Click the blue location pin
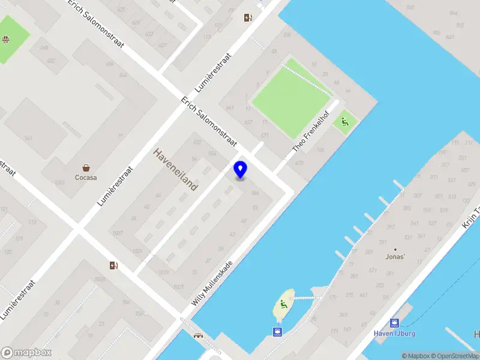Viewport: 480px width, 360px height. tap(241, 169)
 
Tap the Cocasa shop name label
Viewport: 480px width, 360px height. tap(86, 177)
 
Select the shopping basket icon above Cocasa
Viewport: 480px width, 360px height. tap(86, 168)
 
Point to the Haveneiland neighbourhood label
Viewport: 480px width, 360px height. tap(175, 169)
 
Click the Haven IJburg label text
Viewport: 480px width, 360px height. tap(394, 333)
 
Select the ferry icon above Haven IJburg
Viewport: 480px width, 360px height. tap(394, 323)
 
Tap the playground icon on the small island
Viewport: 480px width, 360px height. tap(283, 304)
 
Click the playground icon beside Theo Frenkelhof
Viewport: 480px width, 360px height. tap(344, 123)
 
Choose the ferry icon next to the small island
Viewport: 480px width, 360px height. tap(277, 331)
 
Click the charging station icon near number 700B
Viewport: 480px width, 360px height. tap(113, 265)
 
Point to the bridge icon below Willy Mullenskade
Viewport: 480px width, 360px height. tap(197, 335)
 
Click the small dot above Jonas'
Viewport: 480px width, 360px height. tap(395, 249)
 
